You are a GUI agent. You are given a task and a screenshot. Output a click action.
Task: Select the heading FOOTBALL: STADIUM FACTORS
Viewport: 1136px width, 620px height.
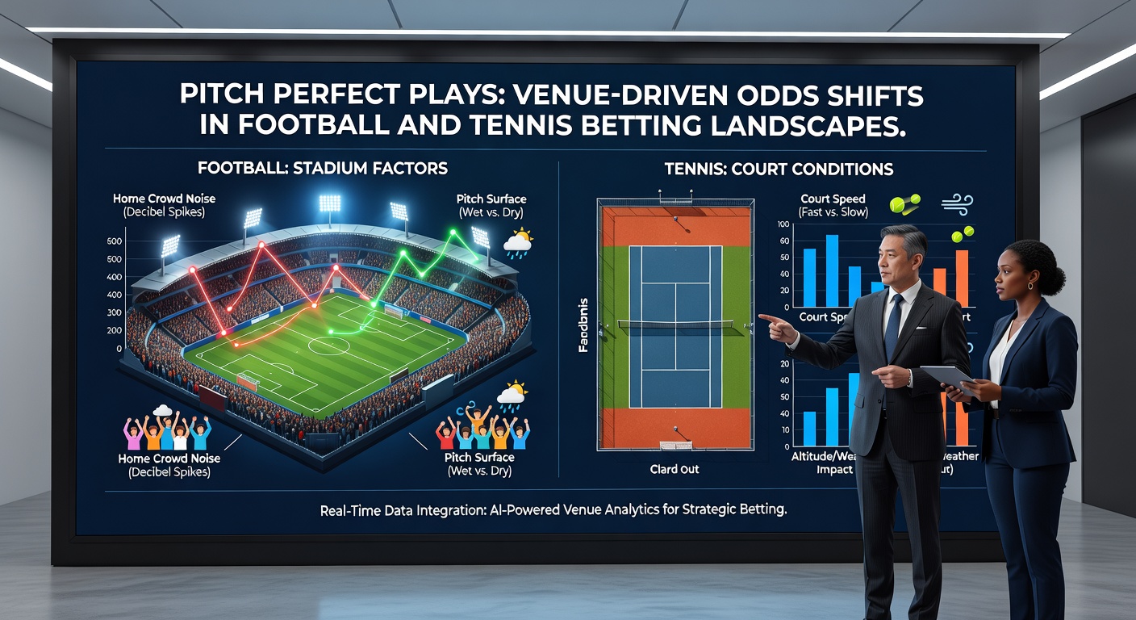click(322, 169)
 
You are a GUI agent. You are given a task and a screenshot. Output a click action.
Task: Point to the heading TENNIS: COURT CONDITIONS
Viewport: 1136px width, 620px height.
click(778, 169)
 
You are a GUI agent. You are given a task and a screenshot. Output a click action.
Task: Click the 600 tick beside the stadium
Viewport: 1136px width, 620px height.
click(114, 241)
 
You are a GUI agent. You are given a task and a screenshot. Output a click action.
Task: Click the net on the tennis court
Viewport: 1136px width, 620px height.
click(676, 325)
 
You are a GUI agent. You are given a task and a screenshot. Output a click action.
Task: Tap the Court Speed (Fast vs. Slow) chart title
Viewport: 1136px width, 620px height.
click(833, 205)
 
